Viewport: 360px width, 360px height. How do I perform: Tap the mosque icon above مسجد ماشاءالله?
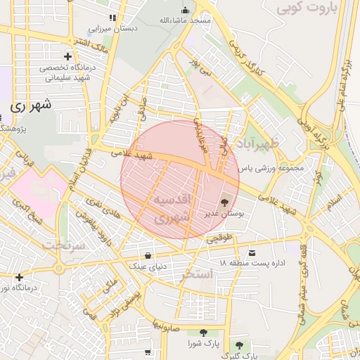pyautogui.click(x=186, y=10)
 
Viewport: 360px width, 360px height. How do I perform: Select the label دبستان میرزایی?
pyautogui.click(x=115, y=30)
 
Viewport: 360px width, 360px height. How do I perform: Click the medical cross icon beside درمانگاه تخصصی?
pyautogui.click(x=67, y=56)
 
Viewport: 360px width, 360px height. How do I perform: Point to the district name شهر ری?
pyautogui.click(x=32, y=106)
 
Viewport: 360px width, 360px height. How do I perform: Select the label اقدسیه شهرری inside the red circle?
pyautogui.click(x=172, y=207)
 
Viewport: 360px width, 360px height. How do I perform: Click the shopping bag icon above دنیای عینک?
pyautogui.click(x=148, y=255)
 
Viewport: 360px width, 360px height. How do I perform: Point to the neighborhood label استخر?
pyautogui.click(x=196, y=274)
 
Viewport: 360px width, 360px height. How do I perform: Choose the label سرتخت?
pyautogui.click(x=63, y=245)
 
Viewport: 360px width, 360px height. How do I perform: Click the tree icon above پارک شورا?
pyautogui.click(x=204, y=333)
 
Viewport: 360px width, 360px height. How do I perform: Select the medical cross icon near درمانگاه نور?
pyautogui.click(x=19, y=277)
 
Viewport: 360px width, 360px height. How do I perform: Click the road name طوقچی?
pyautogui.click(x=218, y=239)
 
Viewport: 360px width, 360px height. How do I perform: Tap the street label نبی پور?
pyautogui.click(x=202, y=68)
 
